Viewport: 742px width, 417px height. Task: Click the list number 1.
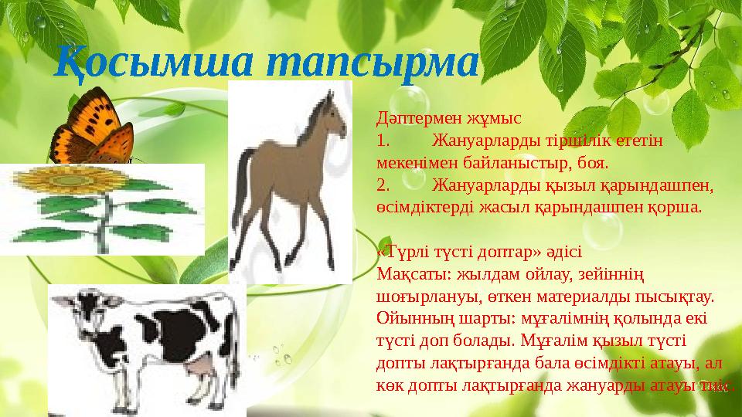381,141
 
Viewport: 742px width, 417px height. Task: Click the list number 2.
382,186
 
